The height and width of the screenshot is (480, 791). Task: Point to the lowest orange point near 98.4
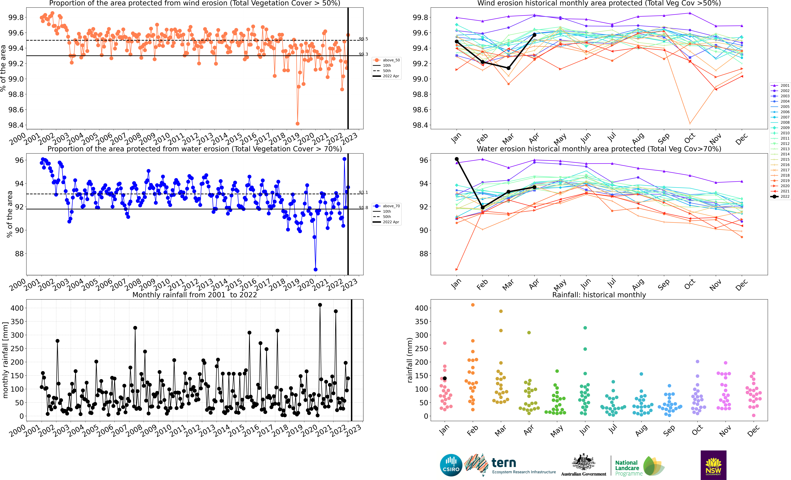[298, 124]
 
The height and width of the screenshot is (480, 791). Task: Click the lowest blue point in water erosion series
[316, 269]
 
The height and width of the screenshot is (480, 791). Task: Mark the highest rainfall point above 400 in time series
[320, 305]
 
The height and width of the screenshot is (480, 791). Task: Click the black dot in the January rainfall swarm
[445, 379]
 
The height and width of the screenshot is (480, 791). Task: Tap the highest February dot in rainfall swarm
[473, 305]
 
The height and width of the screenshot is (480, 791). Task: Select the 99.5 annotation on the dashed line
[363, 39]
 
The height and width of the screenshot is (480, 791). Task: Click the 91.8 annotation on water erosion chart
[363, 208]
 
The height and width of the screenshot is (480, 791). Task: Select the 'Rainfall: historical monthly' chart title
[599, 295]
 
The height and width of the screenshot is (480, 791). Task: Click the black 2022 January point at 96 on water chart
[457, 159]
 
